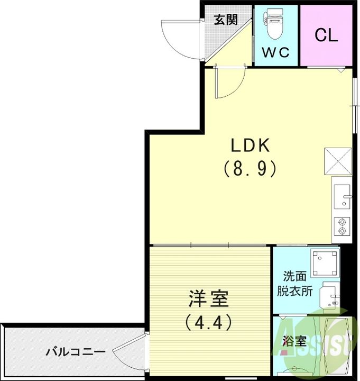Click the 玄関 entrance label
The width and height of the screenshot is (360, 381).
[x=225, y=21]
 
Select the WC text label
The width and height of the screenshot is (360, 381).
[x=276, y=52]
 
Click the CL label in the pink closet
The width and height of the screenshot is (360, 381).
[x=326, y=35]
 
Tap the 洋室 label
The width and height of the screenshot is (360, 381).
[x=208, y=299]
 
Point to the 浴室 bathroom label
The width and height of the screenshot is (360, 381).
[x=294, y=341]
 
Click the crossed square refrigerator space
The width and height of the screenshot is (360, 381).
[x=338, y=161]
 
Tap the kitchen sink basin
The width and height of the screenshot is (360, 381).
[x=342, y=196]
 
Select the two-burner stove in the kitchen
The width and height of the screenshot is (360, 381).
[x=342, y=226]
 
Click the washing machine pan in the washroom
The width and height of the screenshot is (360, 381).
[x=324, y=263]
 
